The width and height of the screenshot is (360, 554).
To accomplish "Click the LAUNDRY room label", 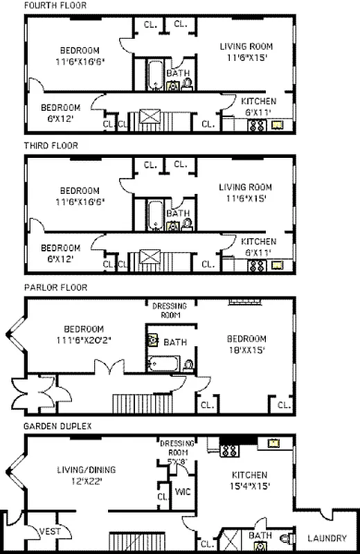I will pyautogui.click(x=327, y=538).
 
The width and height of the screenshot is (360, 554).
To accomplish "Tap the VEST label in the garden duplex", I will pyautogui.click(x=49, y=531).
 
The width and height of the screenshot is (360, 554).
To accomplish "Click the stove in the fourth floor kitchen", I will pyautogui.click(x=257, y=126).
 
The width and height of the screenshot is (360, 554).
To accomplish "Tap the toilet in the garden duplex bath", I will pyautogui.click(x=285, y=537).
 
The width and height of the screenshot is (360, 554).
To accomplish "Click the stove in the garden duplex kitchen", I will pyautogui.click(x=229, y=449).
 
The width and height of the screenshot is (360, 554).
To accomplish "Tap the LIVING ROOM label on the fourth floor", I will pyautogui.click(x=246, y=46).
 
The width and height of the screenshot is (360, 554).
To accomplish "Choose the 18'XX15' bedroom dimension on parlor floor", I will pyautogui.click(x=246, y=350).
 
